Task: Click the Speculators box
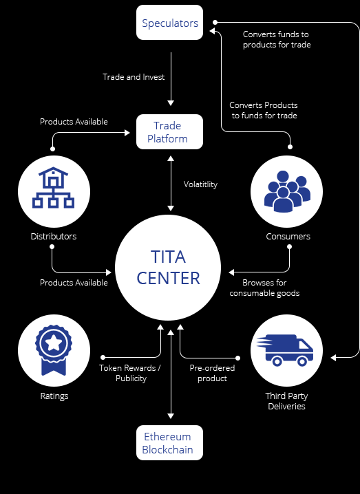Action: [x=169, y=23]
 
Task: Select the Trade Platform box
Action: [x=169, y=131]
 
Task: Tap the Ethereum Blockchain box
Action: [x=169, y=442]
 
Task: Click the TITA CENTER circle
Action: [x=168, y=268]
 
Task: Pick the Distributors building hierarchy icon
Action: [x=53, y=188]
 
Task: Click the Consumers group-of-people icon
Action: [x=287, y=191]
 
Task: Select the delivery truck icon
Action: [x=285, y=350]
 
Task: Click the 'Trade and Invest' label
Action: [x=134, y=77]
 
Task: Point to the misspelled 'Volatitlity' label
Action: [x=200, y=184]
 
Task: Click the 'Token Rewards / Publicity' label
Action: [x=130, y=373]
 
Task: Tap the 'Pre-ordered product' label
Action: [x=212, y=373]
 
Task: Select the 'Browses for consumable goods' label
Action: [x=264, y=288]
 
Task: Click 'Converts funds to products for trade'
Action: [x=277, y=39]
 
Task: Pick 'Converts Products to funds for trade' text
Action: [x=264, y=110]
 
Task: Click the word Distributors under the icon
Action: [x=54, y=236]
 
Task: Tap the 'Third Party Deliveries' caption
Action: [x=286, y=401]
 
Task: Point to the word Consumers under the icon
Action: [x=288, y=236]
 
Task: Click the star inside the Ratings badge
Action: [x=54, y=342]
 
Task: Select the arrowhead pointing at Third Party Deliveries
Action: [x=334, y=358]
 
